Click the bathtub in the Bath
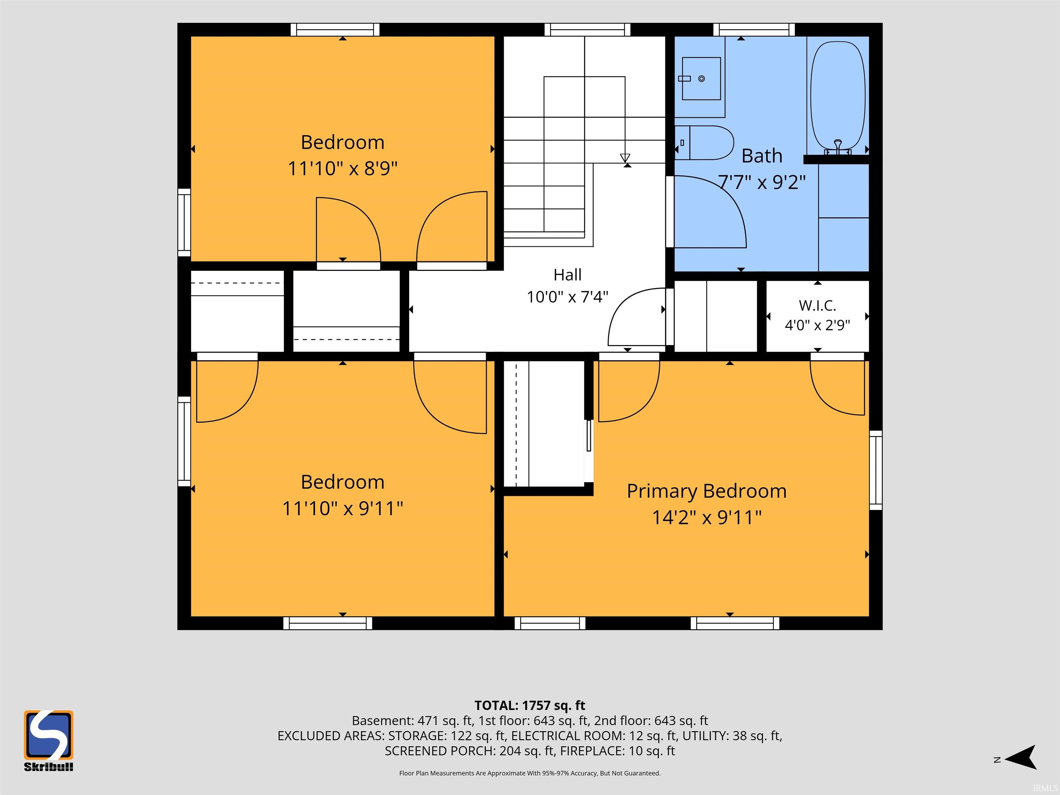coord(838,96)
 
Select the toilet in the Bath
coord(705,142)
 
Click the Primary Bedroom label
coord(707,491)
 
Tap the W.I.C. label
coord(817,305)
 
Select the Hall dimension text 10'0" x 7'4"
coord(567,297)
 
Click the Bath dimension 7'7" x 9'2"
coord(762,182)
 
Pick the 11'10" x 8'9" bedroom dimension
coord(343,169)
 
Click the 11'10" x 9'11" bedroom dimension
coord(343,509)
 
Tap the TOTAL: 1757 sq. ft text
coord(530,705)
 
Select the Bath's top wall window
coord(754,30)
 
